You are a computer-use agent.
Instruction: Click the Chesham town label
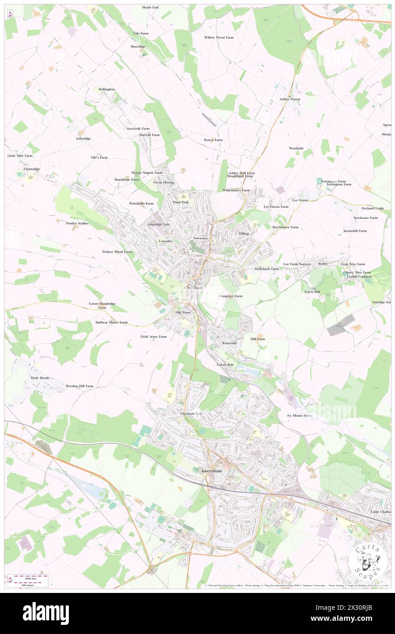(x=193, y=288)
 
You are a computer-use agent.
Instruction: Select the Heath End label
(x=150, y=8)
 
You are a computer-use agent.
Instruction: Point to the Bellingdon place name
(x=107, y=89)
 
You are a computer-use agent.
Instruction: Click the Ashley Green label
(x=290, y=99)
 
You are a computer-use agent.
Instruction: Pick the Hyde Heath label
(x=40, y=378)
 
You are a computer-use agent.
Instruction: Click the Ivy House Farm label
(x=299, y=416)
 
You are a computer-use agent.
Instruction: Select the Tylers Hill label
(x=312, y=291)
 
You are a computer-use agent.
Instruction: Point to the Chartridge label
(x=32, y=169)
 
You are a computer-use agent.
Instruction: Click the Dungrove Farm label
(x=231, y=296)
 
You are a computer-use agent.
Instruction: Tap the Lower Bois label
(x=225, y=365)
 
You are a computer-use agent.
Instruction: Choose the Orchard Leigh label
(x=372, y=208)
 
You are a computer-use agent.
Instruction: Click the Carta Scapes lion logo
(x=367, y=561)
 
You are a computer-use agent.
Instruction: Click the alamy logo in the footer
(x=46, y=613)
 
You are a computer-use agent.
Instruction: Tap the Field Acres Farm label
(x=153, y=337)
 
